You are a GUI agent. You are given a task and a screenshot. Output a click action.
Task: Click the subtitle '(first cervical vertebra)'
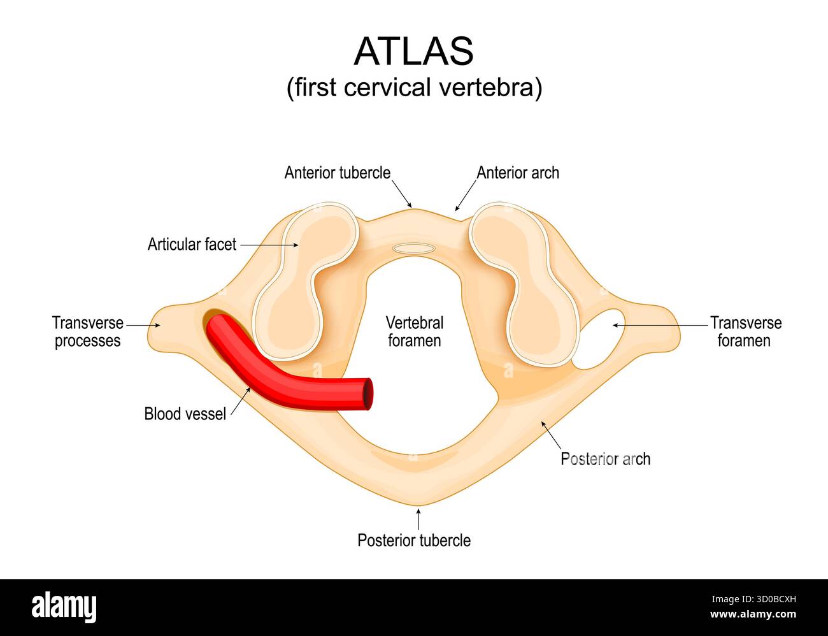tap(414, 87)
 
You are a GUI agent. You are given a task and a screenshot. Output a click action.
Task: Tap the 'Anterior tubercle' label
tap(337, 173)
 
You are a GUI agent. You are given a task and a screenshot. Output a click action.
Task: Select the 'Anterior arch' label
tap(517, 173)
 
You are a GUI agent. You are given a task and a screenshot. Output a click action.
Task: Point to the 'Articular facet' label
tap(192, 244)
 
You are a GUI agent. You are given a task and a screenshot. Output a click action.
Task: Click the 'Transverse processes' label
tap(87, 331)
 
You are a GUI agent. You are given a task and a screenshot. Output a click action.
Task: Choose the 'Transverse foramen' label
tap(745, 331)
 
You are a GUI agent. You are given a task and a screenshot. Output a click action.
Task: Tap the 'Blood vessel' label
tap(185, 414)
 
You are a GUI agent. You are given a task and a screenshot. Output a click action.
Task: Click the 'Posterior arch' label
tap(605, 458)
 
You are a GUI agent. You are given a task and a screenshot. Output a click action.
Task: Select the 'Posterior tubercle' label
tap(414, 540)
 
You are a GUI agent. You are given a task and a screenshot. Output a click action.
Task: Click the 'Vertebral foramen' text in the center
tap(414, 331)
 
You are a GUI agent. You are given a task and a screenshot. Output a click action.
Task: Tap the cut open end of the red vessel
tap(367, 394)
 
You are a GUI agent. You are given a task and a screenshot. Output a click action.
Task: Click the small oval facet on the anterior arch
tap(414, 248)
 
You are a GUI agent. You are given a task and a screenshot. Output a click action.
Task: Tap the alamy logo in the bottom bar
tap(64, 607)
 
